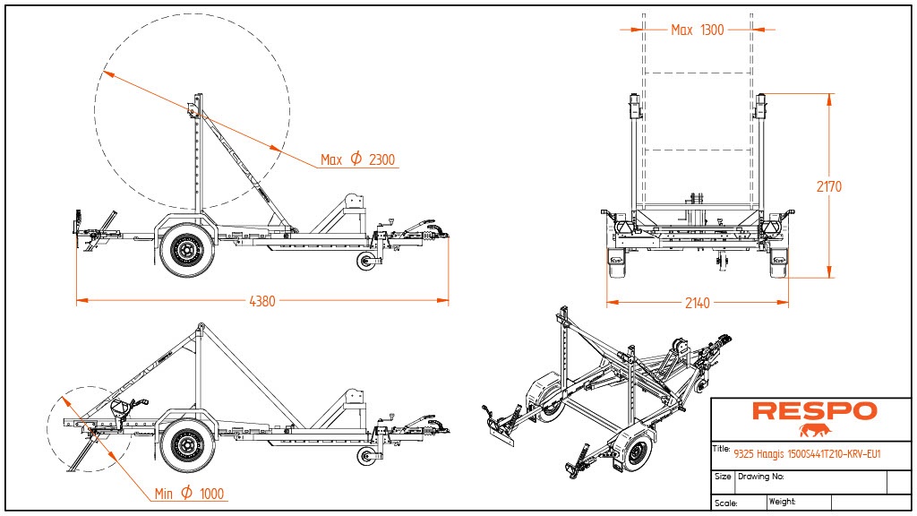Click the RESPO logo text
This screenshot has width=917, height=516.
click(814, 411)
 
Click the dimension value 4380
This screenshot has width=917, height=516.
click(261, 302)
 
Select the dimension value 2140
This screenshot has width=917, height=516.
click(696, 304)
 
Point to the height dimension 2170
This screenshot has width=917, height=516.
click(829, 187)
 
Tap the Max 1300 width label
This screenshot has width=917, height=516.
click(697, 30)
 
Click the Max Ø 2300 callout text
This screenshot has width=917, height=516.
click(358, 160)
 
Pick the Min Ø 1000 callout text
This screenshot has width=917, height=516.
click(188, 494)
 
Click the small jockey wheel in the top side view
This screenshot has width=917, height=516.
click(366, 262)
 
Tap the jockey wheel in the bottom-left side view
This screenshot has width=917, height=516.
click(366, 456)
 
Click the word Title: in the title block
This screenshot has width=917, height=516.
click(722, 448)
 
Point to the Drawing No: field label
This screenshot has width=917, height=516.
click(760, 477)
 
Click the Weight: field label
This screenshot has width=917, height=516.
click(782, 502)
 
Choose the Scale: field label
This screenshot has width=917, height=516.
click(725, 503)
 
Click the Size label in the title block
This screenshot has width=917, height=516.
click(723, 477)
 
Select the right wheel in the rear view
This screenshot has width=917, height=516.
click(779, 264)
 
